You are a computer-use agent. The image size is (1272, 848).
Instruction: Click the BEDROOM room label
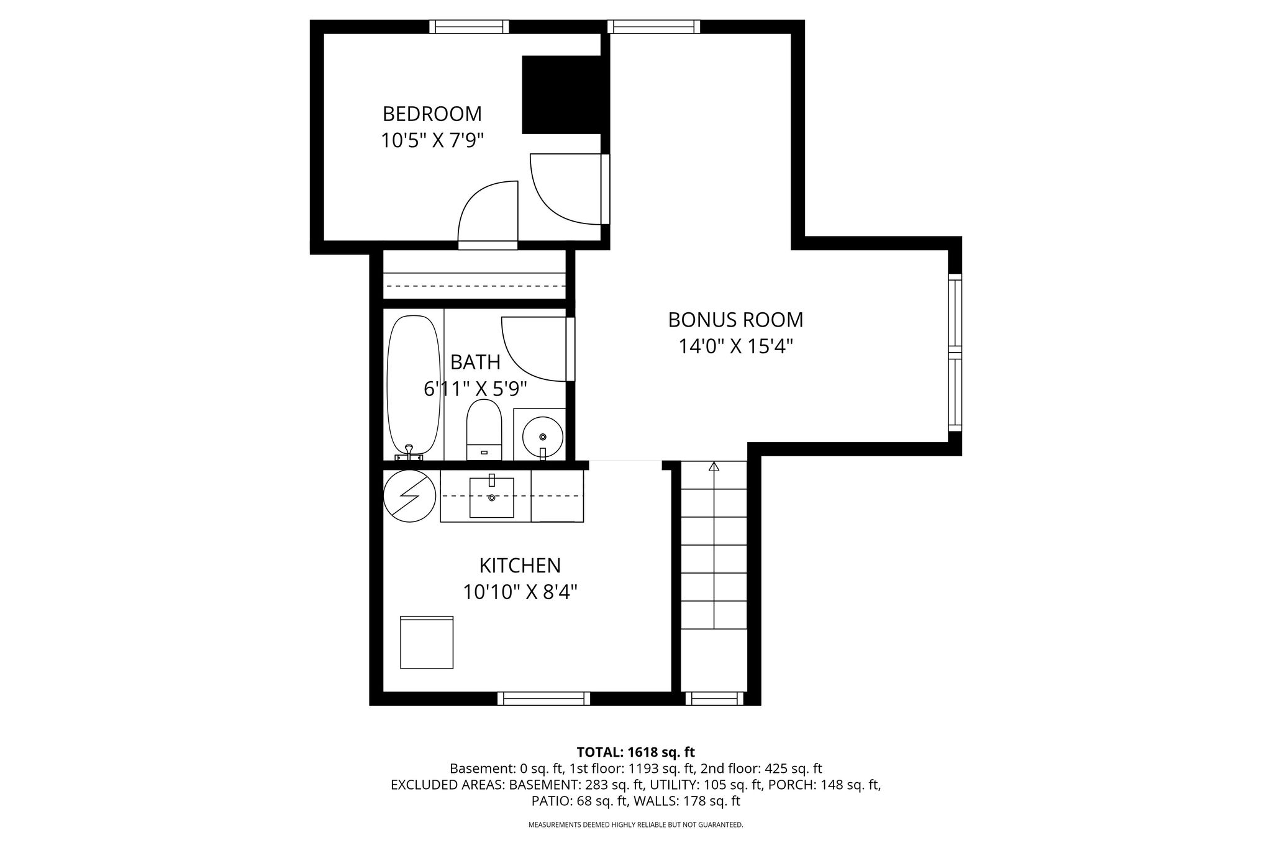point(432,114)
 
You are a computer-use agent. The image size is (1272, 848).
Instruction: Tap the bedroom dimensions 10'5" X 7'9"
point(432,140)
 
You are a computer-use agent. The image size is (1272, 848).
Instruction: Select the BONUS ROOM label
point(735,320)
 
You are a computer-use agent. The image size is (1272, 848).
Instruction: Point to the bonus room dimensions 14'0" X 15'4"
point(735,346)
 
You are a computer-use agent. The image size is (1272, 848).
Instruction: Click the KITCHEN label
point(520,566)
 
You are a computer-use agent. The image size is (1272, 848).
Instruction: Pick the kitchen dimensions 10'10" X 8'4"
point(520,592)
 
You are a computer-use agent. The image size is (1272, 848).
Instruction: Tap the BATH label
point(475,362)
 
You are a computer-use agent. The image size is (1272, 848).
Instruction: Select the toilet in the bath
point(484,430)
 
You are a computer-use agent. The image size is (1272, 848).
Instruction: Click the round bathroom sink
point(542,435)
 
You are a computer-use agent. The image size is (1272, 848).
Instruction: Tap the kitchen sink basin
point(491,497)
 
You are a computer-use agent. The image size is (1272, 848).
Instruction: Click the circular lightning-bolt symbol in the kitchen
point(409,495)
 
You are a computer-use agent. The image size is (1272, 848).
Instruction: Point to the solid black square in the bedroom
point(562,94)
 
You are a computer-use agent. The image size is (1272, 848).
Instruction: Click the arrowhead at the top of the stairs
point(714,466)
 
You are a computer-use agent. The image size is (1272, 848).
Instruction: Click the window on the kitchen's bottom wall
point(543,699)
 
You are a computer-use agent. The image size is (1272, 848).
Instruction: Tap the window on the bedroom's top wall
point(469,27)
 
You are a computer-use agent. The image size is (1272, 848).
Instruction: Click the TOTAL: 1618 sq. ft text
point(635,752)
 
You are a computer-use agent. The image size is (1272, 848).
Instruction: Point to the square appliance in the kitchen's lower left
point(427,643)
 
